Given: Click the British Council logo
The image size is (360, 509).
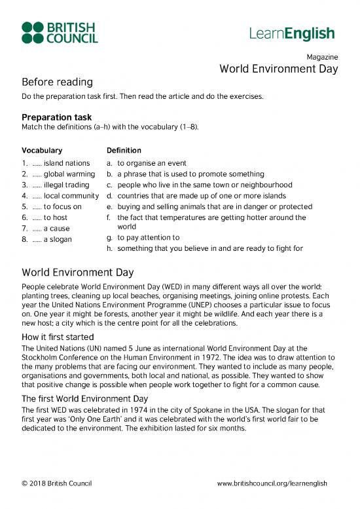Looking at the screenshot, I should click(60, 32).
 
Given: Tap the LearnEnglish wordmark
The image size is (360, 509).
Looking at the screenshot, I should click(291, 33).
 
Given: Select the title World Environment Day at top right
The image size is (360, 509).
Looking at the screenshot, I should click(278, 69).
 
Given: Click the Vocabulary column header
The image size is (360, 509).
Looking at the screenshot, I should click(42, 150).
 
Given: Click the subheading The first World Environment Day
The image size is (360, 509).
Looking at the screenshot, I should click(85, 398).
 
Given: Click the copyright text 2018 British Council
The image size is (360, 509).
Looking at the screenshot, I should click(56, 483).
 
